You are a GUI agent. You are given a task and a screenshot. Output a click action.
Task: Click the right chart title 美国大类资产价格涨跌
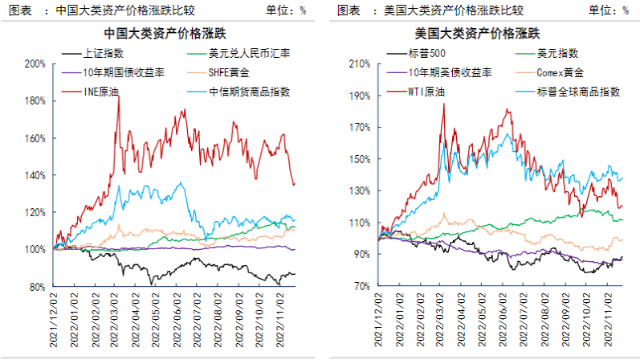click(477, 34)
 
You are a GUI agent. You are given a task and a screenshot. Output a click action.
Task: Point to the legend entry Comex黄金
click(560, 72)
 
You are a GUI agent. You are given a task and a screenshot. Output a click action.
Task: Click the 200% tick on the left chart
click(35, 63)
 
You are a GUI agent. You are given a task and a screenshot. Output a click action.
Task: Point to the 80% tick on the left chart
click(38, 287)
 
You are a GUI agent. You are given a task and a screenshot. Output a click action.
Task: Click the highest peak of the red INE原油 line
click(119, 96)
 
